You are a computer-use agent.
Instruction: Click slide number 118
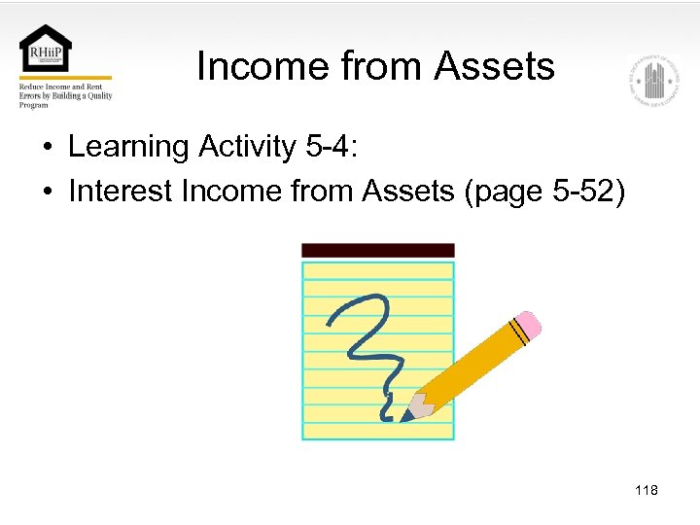click(646, 490)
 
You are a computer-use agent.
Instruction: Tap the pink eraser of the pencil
click(527, 325)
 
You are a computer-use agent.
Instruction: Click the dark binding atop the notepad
click(378, 251)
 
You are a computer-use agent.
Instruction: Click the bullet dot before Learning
click(48, 149)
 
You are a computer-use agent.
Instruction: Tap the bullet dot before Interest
click(48, 192)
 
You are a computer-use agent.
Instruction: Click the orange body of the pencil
click(472, 364)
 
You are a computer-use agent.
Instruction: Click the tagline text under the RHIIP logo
click(64, 95)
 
